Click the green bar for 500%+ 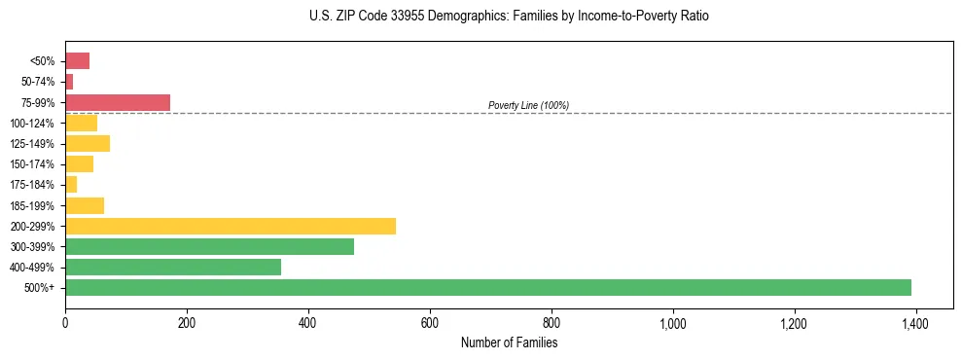coord(487,287)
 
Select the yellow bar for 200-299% coord(231,226)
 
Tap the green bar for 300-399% coord(209,246)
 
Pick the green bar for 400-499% coord(173,267)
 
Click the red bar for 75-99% coord(118,102)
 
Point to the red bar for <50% coord(77,61)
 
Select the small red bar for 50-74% coord(69,82)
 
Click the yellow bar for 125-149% coord(88,143)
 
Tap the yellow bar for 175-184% coord(71,184)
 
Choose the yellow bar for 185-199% coord(85,205)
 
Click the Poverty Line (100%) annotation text coord(528,105)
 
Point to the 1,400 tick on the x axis coord(915,323)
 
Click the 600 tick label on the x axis coord(430,323)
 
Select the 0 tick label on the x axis coord(65,323)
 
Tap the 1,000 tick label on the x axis coord(672,323)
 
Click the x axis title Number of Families coord(509,342)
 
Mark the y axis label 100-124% coord(32,124)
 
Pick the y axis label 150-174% coord(32,164)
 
